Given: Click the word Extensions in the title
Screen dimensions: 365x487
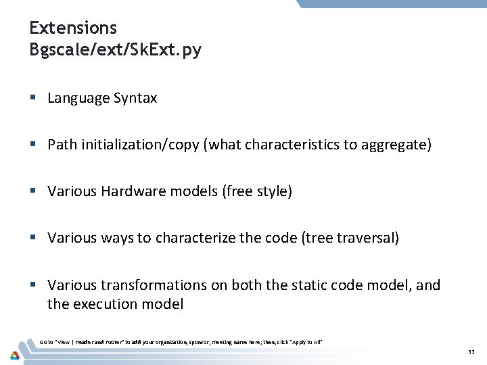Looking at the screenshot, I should click(73, 28).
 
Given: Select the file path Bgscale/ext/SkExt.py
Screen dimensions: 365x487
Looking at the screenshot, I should click(115, 50).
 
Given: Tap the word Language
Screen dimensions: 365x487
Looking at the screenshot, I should click(78, 99).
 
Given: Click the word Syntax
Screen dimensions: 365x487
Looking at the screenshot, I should click(135, 99).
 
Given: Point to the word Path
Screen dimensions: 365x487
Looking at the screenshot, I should click(62, 145).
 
